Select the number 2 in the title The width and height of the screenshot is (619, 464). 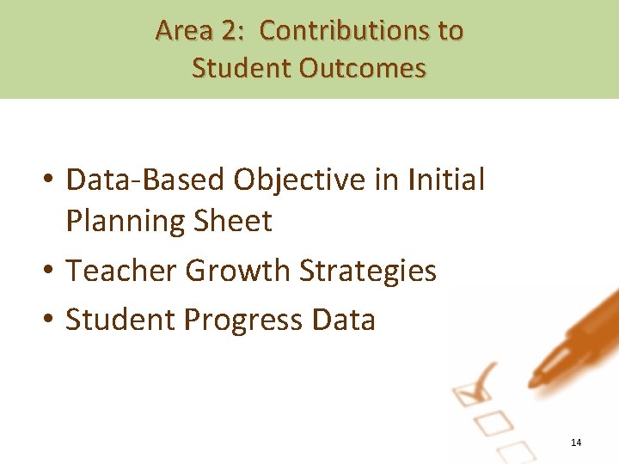tap(230, 31)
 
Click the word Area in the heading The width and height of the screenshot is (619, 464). tap(183, 31)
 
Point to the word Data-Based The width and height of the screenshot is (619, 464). tap(144, 180)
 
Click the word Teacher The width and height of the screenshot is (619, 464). tap(121, 271)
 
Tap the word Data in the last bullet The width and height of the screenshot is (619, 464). tap(344, 320)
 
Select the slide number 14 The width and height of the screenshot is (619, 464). tap(576, 443)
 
